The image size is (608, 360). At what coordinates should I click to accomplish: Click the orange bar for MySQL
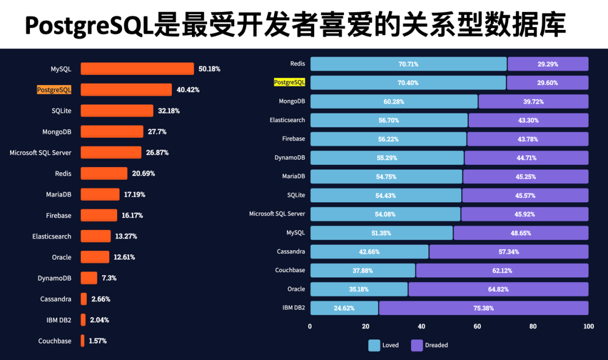pyautogui.click(x=137, y=69)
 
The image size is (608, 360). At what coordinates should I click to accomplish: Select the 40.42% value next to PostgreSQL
pyautogui.click(x=188, y=89)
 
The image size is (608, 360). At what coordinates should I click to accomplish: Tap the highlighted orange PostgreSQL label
pyautogui.click(x=54, y=89)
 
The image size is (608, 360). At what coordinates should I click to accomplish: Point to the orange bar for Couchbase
pyautogui.click(x=83, y=341)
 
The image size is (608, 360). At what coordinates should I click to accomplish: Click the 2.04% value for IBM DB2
pyautogui.click(x=100, y=320)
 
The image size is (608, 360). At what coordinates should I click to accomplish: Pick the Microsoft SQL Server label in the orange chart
pyautogui.click(x=41, y=152)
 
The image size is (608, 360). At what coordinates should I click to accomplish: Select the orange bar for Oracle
pyautogui.click(x=95, y=257)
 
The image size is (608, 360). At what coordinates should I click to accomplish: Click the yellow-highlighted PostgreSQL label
pyautogui.click(x=289, y=82)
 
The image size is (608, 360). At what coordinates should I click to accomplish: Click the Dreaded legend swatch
pyautogui.click(x=417, y=345)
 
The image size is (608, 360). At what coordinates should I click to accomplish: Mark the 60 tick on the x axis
pyautogui.click(x=477, y=326)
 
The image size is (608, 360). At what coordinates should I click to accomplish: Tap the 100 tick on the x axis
pyautogui.click(x=588, y=326)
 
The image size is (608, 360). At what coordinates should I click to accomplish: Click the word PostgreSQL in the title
pyautogui.click(x=90, y=25)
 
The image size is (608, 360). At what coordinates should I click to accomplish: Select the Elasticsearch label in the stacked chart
pyautogui.click(x=287, y=120)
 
